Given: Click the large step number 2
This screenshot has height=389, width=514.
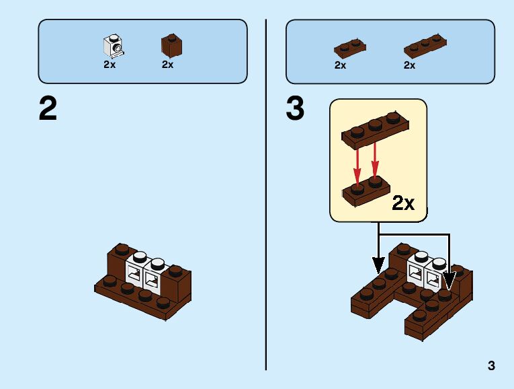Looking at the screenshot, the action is (x=48, y=110).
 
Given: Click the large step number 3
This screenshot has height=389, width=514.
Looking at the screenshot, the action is (x=295, y=110).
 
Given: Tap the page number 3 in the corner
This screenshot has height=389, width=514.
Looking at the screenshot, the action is (x=492, y=366).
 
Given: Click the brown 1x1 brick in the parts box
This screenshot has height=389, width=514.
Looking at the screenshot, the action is (x=171, y=46).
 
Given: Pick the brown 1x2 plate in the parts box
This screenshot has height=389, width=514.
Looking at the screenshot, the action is (x=350, y=48).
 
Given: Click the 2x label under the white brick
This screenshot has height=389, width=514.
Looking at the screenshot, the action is (x=110, y=65).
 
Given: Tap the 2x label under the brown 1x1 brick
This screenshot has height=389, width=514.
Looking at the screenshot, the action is (x=167, y=65).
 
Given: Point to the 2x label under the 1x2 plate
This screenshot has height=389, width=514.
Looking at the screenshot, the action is (x=340, y=65).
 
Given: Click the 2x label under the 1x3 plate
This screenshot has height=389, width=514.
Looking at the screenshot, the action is (x=409, y=65).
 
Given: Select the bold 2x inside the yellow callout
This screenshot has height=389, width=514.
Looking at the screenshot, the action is (x=403, y=203).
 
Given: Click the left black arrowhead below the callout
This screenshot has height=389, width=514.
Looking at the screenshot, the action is (x=378, y=265).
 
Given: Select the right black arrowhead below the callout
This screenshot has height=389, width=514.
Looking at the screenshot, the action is (x=449, y=278).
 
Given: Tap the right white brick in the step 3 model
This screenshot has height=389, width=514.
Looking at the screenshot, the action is (x=434, y=273).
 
